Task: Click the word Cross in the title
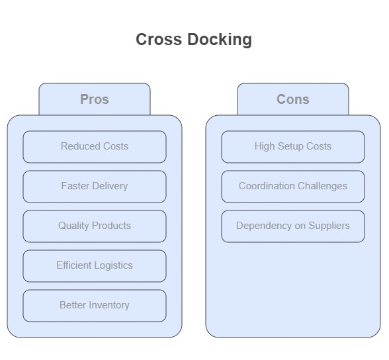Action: (159, 40)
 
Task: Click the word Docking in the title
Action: (220, 40)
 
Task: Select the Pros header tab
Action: (95, 99)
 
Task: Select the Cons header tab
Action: (293, 99)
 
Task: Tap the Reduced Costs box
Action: (95, 147)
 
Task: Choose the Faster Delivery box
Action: (95, 187)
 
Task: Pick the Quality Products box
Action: (95, 226)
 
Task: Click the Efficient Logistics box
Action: (95, 266)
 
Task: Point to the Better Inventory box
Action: (95, 306)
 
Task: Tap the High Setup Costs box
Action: (293, 147)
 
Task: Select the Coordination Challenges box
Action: (293, 187)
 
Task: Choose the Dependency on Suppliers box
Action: (293, 226)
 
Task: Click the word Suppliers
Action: (329, 226)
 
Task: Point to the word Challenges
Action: (323, 187)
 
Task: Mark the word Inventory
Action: (109, 306)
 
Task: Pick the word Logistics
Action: (114, 266)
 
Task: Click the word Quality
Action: (73, 226)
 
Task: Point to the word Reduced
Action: (81, 146)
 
